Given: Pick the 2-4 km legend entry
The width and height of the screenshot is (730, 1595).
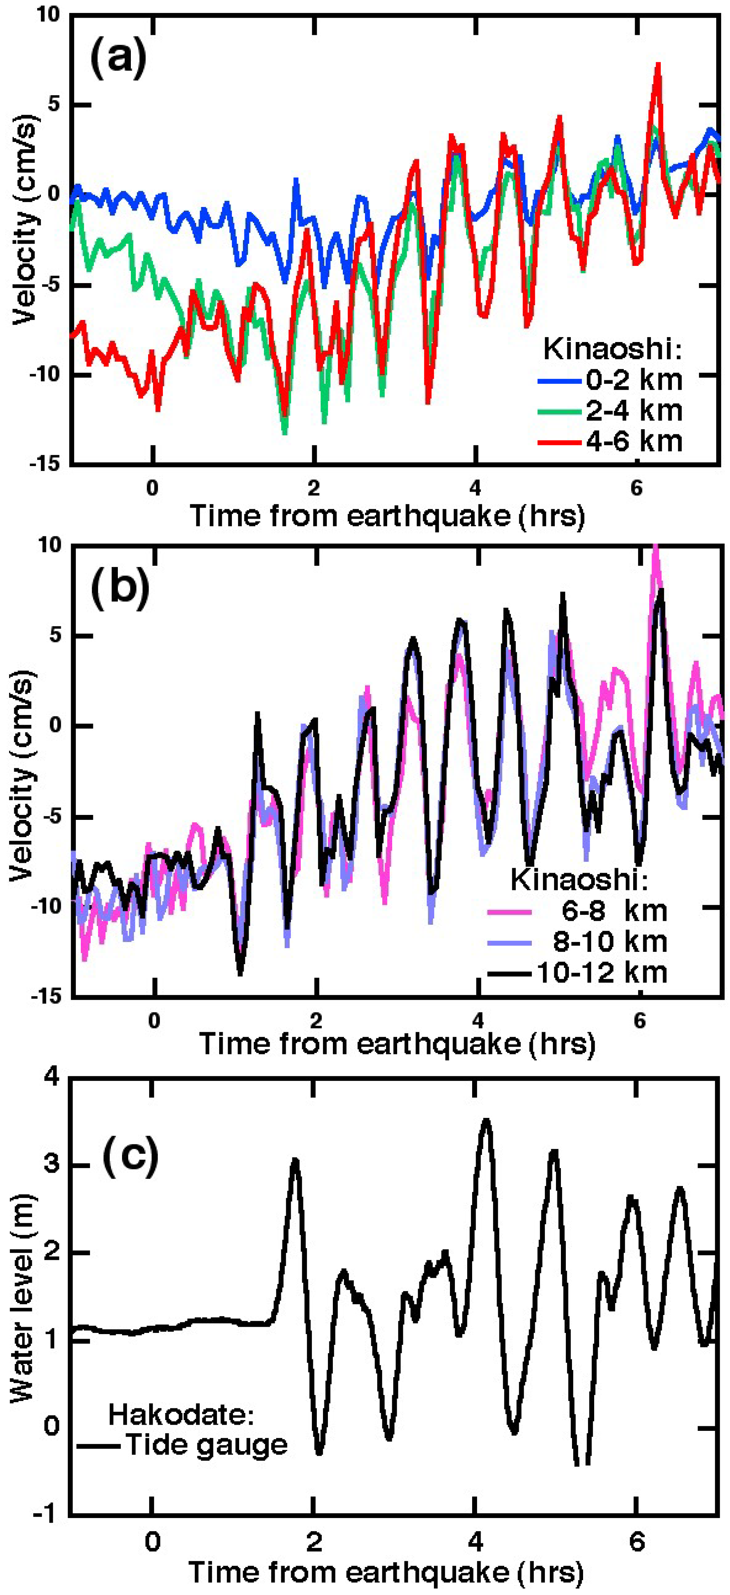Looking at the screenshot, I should click(x=634, y=410).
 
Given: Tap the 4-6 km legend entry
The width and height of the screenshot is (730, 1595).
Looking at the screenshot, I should click(x=634, y=441).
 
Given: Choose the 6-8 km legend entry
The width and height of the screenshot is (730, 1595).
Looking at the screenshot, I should click(x=614, y=910).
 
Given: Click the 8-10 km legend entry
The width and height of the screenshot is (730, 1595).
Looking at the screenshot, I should click(x=610, y=941).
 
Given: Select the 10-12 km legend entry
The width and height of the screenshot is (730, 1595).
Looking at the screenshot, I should click(x=601, y=972).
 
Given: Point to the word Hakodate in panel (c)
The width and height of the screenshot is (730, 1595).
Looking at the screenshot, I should click(x=181, y=1414).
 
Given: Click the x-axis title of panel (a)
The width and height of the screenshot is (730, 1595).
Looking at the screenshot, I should click(x=387, y=515).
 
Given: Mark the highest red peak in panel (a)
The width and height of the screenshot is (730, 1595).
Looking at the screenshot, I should click(x=658, y=64).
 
